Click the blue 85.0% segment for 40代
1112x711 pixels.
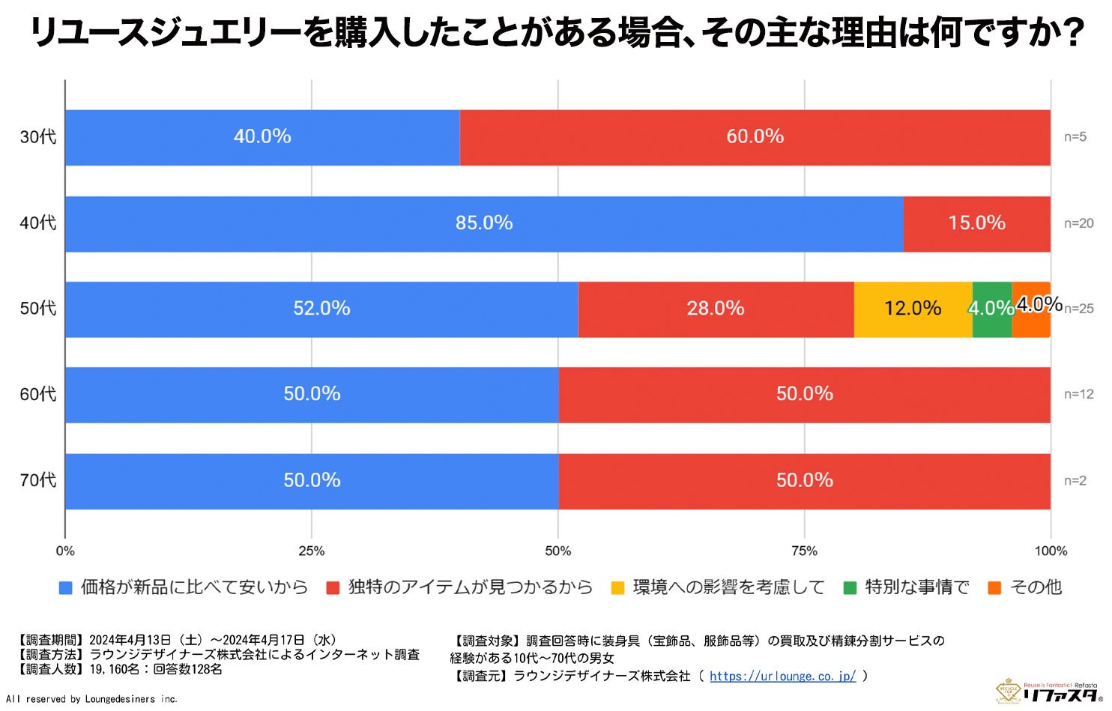[484, 223]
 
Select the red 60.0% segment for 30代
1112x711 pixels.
[755, 137]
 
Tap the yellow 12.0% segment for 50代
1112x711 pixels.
[913, 309]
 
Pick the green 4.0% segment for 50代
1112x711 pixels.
[991, 309]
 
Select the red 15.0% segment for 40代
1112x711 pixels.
[976, 223]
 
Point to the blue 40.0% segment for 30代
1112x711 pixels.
[262, 137]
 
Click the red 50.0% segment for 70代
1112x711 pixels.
[804, 480]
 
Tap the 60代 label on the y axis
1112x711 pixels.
[38, 394]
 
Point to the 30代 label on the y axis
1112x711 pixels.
[38, 137]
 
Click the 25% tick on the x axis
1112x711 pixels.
[312, 551]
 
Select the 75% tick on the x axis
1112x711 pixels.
[804, 551]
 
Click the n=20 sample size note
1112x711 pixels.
[1078, 223]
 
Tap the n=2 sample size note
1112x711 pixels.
[1075, 480]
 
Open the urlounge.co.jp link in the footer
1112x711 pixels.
[782, 676]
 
